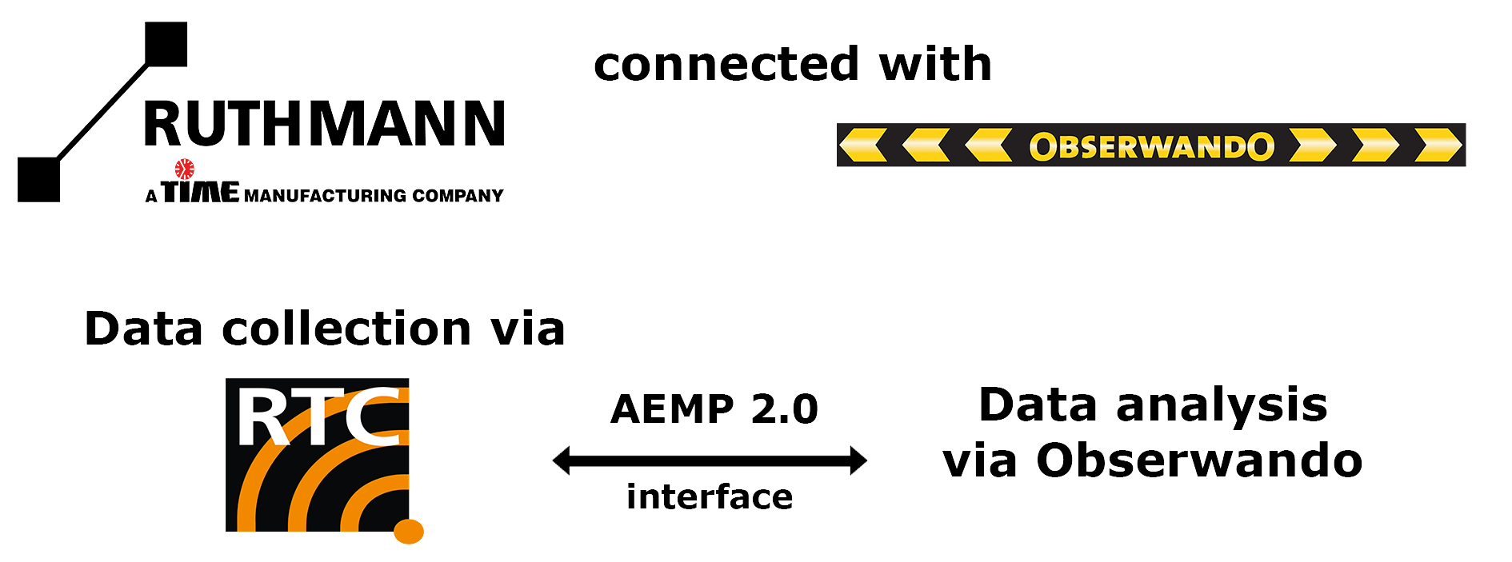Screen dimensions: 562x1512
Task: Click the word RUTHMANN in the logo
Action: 324,124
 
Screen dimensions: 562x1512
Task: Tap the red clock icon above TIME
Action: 185,169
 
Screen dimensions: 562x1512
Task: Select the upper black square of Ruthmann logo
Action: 166,44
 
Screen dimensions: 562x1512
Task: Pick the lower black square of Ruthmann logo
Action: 38,179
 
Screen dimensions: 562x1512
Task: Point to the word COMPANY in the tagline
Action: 458,196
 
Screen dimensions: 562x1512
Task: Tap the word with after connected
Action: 935,64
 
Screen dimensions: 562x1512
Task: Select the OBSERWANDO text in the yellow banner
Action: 1151,146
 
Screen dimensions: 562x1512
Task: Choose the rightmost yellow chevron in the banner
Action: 1438,145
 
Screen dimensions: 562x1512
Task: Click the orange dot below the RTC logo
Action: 409,531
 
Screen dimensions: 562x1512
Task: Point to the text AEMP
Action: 672,409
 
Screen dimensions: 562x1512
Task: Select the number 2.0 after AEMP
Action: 784,409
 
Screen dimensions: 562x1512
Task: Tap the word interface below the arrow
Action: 710,496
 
